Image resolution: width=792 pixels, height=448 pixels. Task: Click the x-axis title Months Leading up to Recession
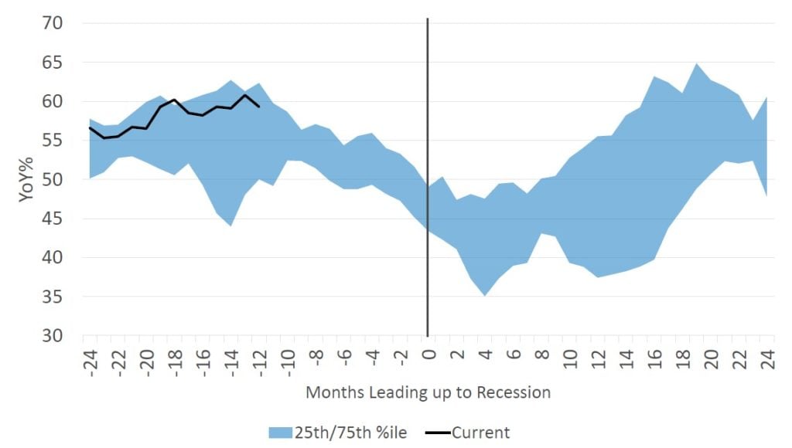[428, 392]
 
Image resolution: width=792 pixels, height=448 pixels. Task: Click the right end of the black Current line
[259, 106]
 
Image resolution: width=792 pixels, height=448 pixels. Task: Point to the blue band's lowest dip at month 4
[484, 294]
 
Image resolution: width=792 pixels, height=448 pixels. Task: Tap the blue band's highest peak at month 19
[695, 64]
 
